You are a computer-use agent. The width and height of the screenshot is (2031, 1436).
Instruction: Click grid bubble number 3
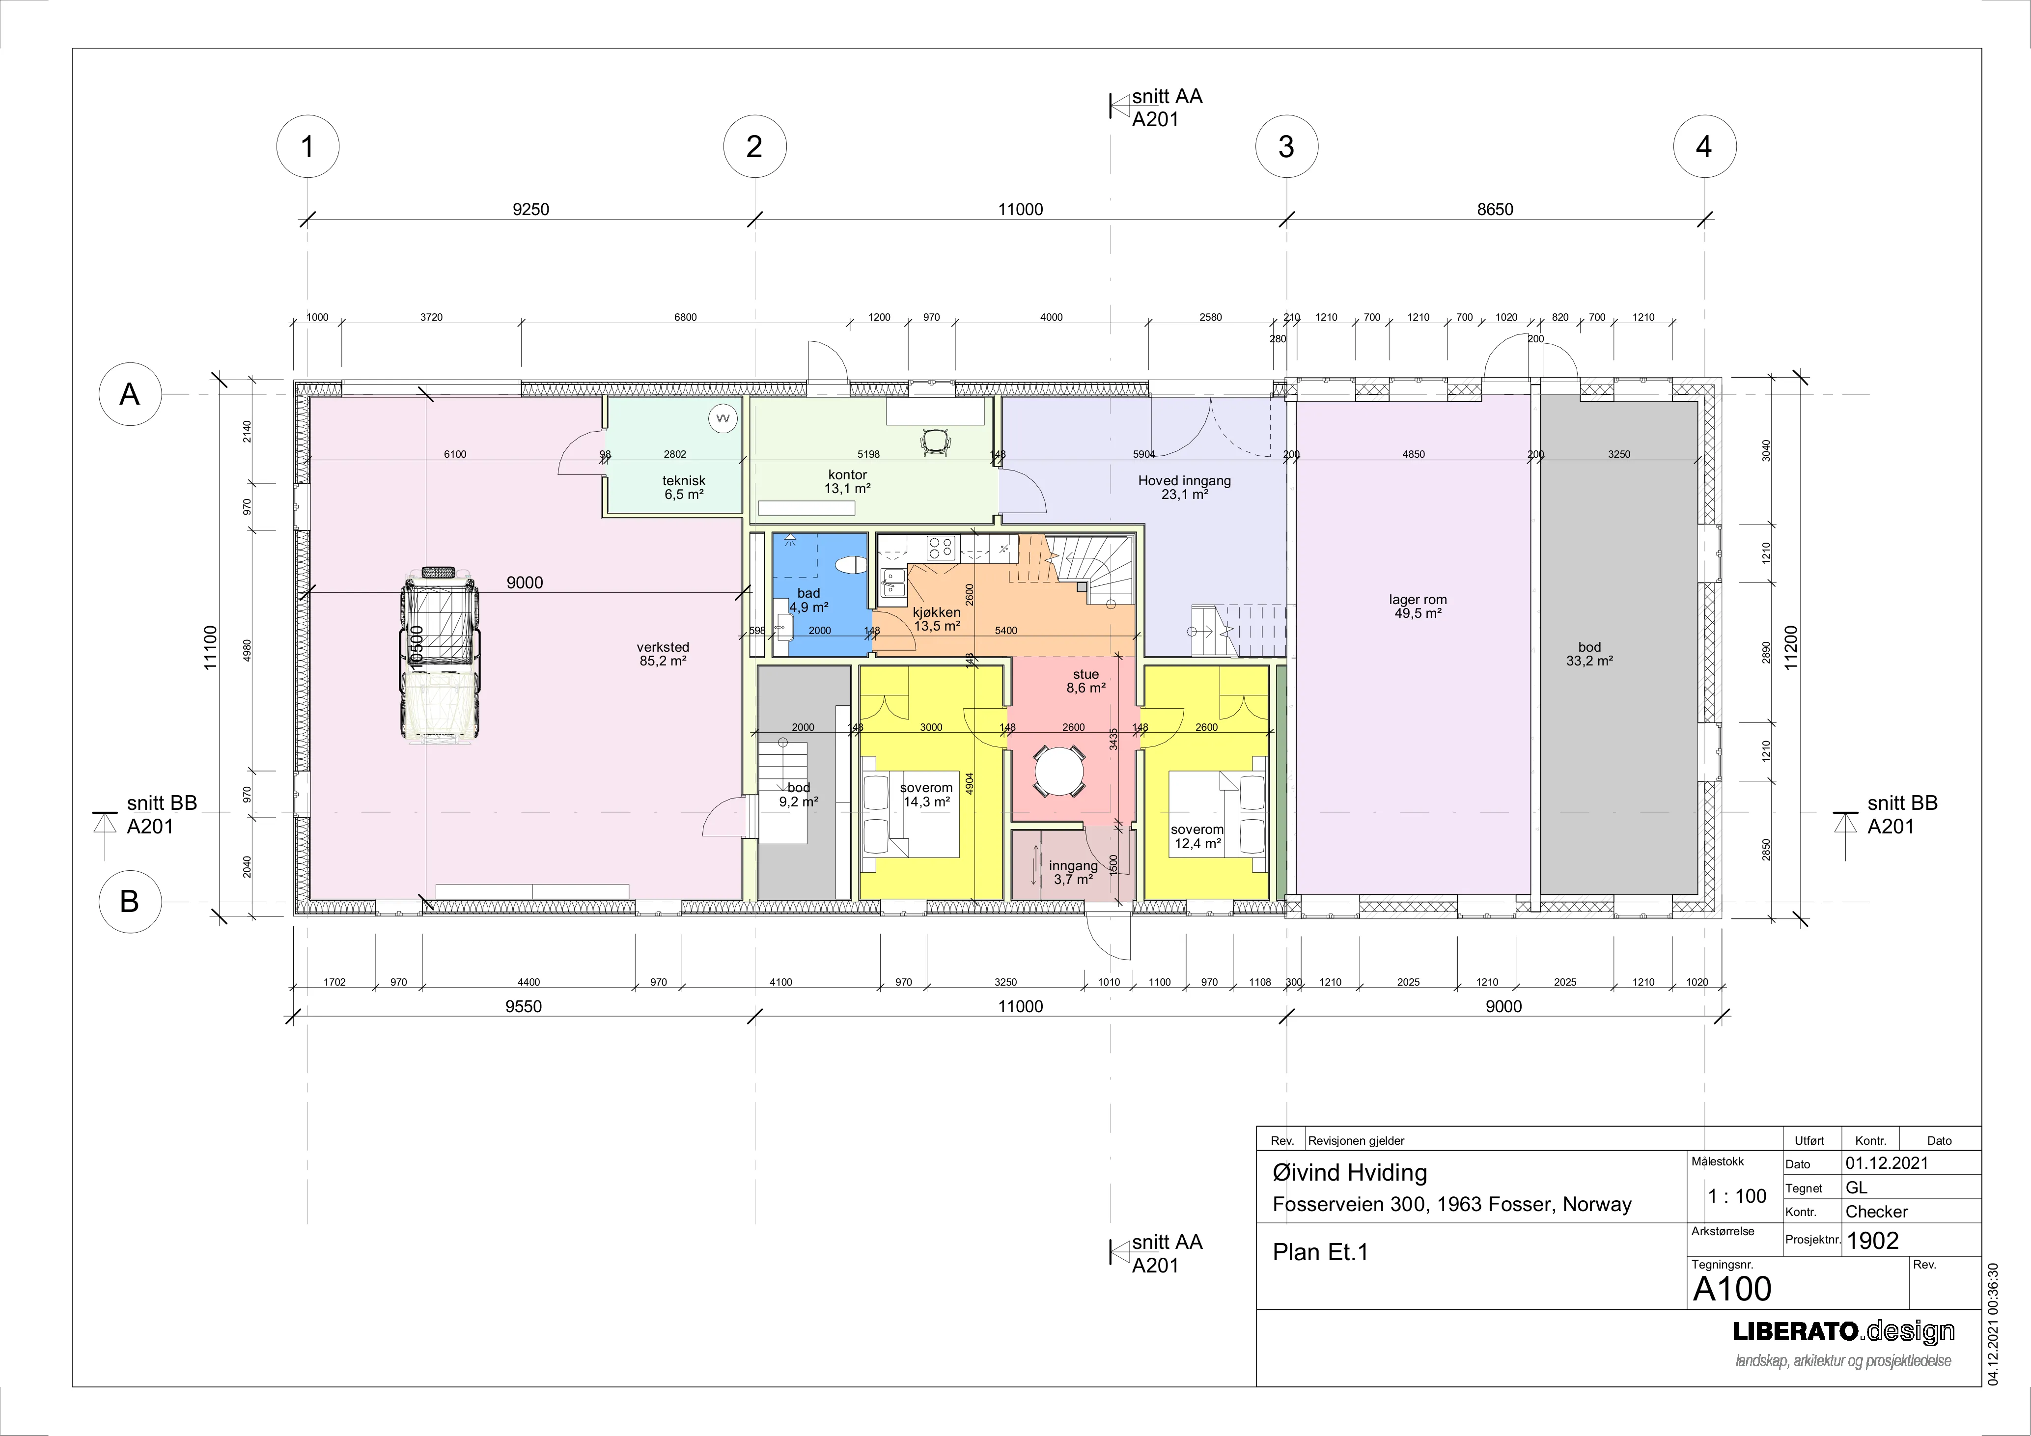pyautogui.click(x=1286, y=146)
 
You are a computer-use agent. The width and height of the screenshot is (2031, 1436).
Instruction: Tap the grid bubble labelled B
pyautogui.click(x=129, y=901)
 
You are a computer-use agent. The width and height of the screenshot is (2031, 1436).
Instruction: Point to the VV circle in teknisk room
pyautogui.click(x=723, y=418)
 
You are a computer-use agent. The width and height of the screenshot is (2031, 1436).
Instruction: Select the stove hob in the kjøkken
pyautogui.click(x=940, y=548)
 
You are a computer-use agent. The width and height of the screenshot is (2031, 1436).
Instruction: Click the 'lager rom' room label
pyautogui.click(x=1418, y=600)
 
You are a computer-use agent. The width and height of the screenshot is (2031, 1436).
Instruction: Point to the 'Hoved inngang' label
pyautogui.click(x=1184, y=481)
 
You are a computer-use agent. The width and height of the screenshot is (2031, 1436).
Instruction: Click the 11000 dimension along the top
pyautogui.click(x=1021, y=210)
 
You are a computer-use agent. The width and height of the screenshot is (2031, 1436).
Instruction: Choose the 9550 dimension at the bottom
pyautogui.click(x=524, y=1006)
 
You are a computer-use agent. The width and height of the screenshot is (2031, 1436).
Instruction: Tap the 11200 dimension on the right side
pyautogui.click(x=1792, y=648)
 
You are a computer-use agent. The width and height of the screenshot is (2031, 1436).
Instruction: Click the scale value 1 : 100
pyautogui.click(x=1737, y=1196)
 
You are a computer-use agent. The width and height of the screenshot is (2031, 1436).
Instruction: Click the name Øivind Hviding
pyautogui.click(x=1350, y=1173)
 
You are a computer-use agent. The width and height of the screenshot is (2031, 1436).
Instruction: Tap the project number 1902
pyautogui.click(x=1873, y=1241)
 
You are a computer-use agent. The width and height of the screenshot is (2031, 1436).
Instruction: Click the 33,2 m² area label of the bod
pyautogui.click(x=1589, y=661)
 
